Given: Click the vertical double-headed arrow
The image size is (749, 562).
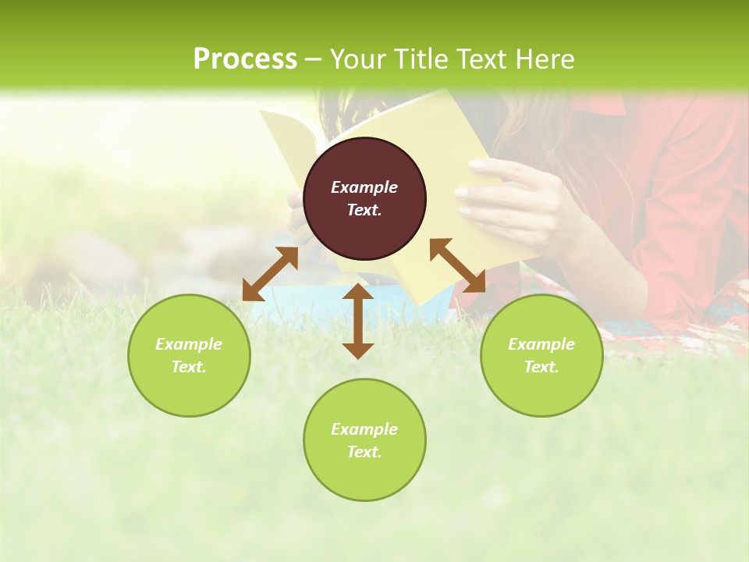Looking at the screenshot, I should pos(358,321).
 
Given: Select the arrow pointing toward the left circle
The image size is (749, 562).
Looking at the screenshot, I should pos(270,274).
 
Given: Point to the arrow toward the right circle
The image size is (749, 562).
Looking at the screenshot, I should pos(457,265).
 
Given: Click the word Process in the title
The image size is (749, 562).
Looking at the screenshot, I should pos(245,59).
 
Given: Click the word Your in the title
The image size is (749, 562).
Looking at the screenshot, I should pos(358,59).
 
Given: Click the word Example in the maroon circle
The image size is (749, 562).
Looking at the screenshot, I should pos(364,187).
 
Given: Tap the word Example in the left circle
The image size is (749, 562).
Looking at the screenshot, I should pos(189,344).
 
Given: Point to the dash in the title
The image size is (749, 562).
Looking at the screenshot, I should pos(314,59).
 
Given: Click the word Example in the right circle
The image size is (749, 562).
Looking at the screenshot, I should pos(541,344).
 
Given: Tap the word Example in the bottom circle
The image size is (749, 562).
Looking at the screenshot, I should pos(364,429).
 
